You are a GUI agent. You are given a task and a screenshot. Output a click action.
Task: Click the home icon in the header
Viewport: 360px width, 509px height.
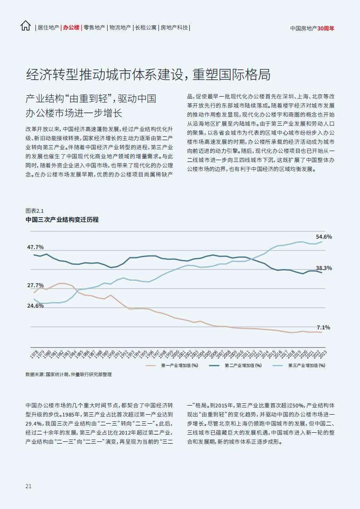25,26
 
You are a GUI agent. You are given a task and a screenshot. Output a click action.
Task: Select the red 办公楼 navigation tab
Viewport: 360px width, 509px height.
71,28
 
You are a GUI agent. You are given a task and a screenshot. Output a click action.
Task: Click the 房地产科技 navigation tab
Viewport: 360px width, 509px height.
174,28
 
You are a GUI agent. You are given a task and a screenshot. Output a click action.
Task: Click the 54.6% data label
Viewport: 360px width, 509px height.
324,237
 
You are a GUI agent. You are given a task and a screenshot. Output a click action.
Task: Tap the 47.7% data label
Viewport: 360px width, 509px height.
35,247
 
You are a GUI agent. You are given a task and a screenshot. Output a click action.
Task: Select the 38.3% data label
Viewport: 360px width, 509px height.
324,268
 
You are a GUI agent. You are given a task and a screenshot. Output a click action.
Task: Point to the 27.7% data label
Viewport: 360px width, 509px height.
35,285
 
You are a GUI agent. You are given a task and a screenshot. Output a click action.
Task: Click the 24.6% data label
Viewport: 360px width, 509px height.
35,306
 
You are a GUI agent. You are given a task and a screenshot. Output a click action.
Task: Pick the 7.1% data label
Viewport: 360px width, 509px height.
323,328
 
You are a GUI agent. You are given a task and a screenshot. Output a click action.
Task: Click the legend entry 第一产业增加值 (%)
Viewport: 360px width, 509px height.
172,366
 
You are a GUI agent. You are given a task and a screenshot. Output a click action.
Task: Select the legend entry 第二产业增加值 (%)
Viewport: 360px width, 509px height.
235,366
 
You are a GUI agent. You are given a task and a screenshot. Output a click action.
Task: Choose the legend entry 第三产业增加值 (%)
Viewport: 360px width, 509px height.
299,366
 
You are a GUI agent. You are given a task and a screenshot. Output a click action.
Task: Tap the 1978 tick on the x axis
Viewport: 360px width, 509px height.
34,354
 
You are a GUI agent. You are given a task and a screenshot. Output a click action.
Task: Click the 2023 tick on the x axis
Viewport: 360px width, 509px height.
323,354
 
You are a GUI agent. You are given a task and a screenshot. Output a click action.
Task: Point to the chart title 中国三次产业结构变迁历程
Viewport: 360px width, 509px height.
62,220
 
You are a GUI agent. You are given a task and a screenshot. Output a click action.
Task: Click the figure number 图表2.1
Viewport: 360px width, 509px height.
35,210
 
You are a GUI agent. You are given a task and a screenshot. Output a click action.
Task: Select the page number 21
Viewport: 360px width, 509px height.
28,486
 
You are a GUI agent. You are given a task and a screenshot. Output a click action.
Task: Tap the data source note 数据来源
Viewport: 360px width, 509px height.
69,375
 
